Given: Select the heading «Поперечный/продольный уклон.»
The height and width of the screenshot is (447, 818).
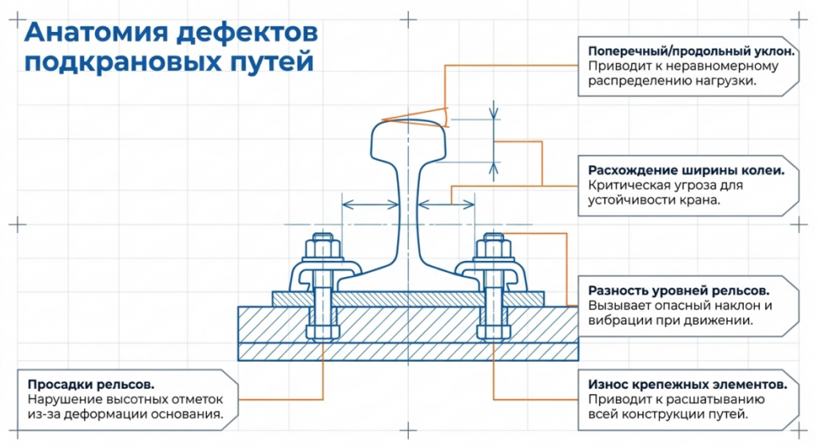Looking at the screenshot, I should (692, 50).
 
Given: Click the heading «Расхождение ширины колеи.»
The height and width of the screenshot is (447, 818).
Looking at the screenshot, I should (685, 170).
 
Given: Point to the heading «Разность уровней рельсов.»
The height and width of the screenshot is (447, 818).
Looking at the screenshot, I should (679, 290).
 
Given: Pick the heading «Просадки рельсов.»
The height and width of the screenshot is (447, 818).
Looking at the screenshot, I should (91, 383).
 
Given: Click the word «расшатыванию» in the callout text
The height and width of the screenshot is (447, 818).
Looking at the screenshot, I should (717, 399).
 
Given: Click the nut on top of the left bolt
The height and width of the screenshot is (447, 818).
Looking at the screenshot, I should (322, 240).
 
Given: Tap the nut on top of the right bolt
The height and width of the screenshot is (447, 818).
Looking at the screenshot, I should (491, 240).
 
